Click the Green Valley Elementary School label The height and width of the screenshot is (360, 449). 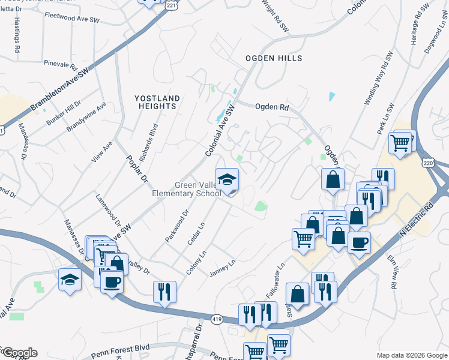click(192, 189)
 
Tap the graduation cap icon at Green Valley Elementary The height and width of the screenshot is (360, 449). click(228, 179)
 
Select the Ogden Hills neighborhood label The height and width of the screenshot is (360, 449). click(273, 58)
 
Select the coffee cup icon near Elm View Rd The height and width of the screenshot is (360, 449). click(359, 243)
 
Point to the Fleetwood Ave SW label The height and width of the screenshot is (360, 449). click(72, 19)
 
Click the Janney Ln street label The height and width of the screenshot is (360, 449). click(222, 268)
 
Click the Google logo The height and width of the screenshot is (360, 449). click(19, 353)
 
